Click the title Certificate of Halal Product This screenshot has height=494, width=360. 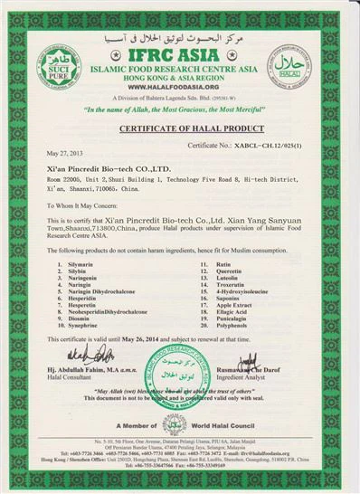click(179, 128)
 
